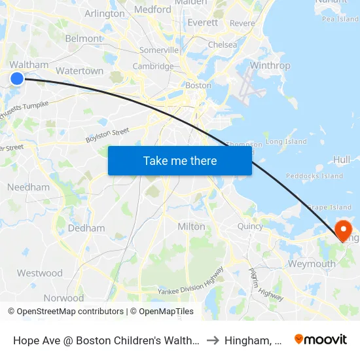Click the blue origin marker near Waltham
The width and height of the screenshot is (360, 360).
(x=17, y=79)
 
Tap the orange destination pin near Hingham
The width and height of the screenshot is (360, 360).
(x=342, y=229)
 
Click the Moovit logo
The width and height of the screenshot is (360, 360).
(x=321, y=339)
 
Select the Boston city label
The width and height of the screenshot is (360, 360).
(x=198, y=85)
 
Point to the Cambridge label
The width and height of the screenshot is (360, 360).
(x=153, y=66)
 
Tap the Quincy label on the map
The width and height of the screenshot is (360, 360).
(x=250, y=226)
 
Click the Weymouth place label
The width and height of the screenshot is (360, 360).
(x=312, y=264)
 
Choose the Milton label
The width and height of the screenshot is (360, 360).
(x=191, y=226)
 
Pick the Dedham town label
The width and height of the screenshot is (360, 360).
(x=86, y=228)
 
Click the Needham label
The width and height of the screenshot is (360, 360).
(x=28, y=187)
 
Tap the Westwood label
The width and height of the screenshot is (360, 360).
(x=40, y=273)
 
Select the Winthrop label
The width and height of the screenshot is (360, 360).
(x=270, y=65)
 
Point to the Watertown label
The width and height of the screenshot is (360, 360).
(x=80, y=71)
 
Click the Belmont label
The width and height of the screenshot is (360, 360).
(x=84, y=39)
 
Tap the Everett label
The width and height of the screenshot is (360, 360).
(x=202, y=22)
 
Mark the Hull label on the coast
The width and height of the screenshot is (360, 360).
(x=342, y=159)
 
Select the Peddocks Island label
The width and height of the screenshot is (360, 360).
(x=314, y=176)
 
